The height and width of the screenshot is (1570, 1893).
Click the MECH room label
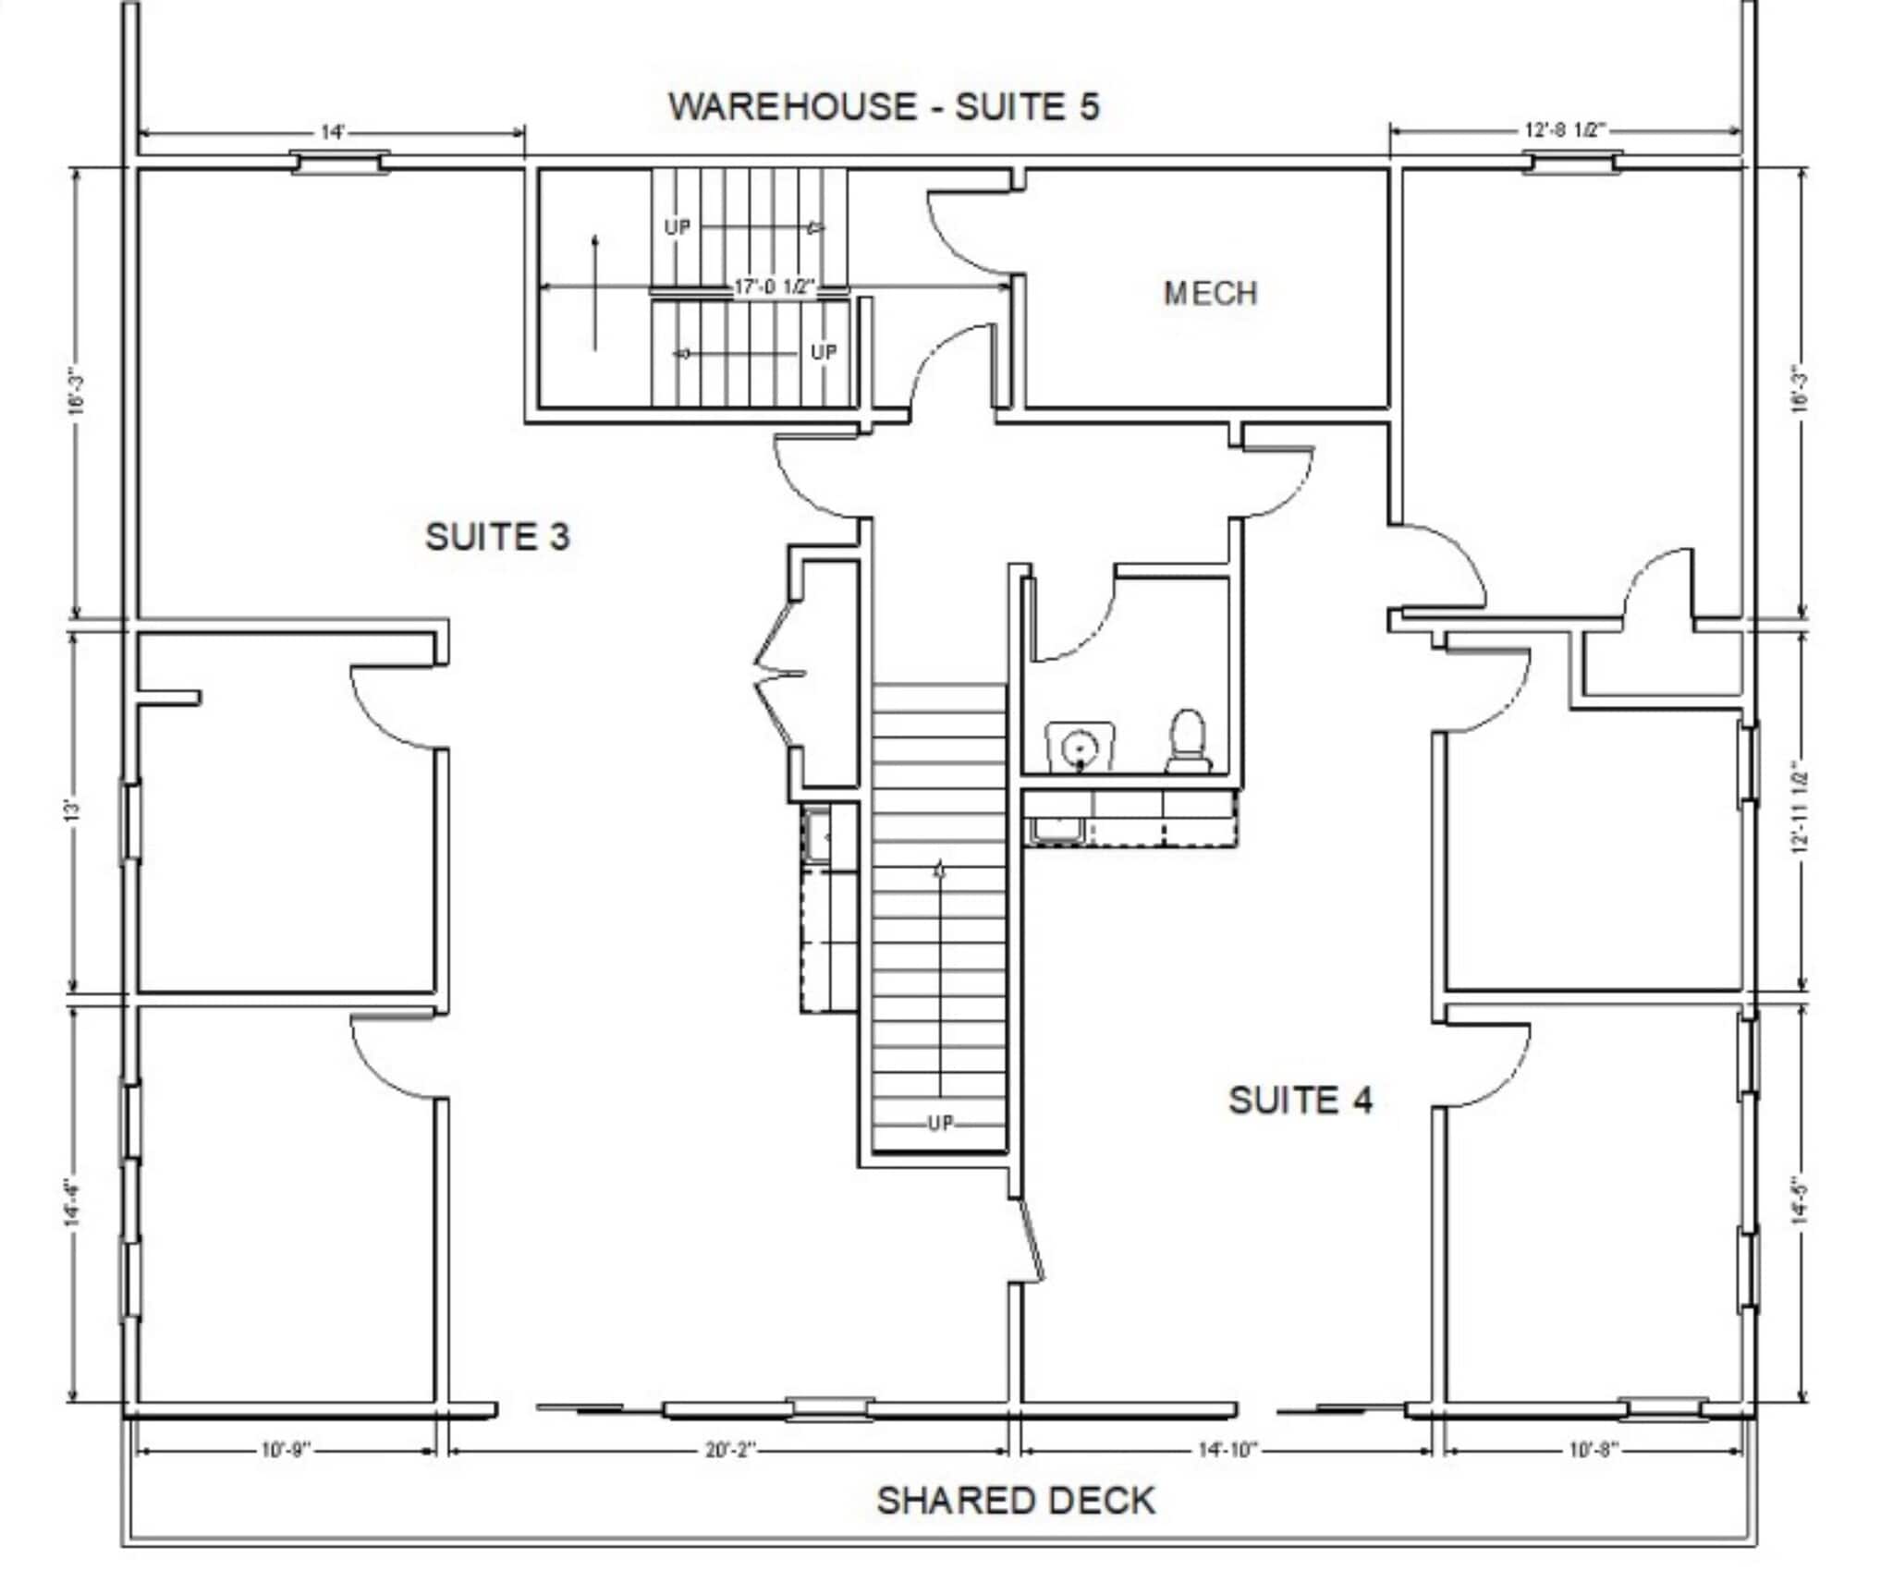[1210, 294]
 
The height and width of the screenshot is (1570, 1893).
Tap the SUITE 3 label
[497, 537]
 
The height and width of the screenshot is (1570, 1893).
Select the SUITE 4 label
[1300, 1101]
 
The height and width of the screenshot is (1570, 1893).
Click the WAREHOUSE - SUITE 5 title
[884, 106]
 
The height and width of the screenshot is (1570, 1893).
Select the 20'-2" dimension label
[730, 1451]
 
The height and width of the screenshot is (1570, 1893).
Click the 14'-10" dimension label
[1227, 1451]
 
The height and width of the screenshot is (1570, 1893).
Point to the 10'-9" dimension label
[286, 1451]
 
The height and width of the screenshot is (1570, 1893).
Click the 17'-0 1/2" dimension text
[775, 287]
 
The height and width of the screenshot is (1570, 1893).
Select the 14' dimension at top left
[332, 132]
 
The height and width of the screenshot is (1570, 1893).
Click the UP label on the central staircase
[939, 1124]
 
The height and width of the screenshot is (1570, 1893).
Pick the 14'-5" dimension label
[1799, 1201]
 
